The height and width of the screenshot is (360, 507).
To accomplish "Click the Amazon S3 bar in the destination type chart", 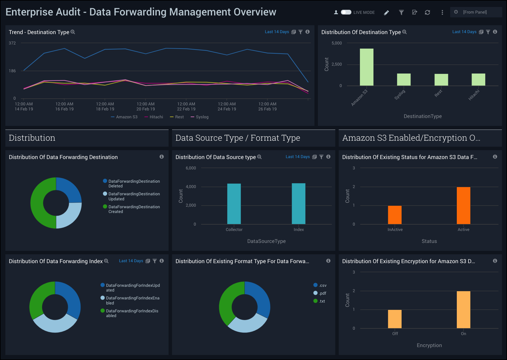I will click(x=367, y=67).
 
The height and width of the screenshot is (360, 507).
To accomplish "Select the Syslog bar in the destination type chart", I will click(x=404, y=80).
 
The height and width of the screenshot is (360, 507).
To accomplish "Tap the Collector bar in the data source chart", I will click(x=234, y=204).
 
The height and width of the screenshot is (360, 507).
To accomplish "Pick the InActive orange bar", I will click(x=395, y=215).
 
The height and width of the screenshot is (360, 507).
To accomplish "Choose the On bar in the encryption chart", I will click(x=463, y=310).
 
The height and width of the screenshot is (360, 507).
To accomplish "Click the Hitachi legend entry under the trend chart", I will click(x=154, y=117).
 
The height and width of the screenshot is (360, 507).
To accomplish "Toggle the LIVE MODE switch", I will click(x=346, y=12).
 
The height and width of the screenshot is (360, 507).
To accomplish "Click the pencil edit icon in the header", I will click(x=386, y=13).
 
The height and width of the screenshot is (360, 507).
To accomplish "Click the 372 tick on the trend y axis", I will click(x=12, y=43).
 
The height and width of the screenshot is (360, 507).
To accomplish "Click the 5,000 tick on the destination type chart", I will click(x=337, y=43).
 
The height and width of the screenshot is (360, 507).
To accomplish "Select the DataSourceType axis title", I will click(x=266, y=241).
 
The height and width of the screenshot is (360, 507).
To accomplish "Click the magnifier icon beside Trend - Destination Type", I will click(x=73, y=32).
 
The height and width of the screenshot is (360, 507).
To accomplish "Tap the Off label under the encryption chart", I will click(x=395, y=334).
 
